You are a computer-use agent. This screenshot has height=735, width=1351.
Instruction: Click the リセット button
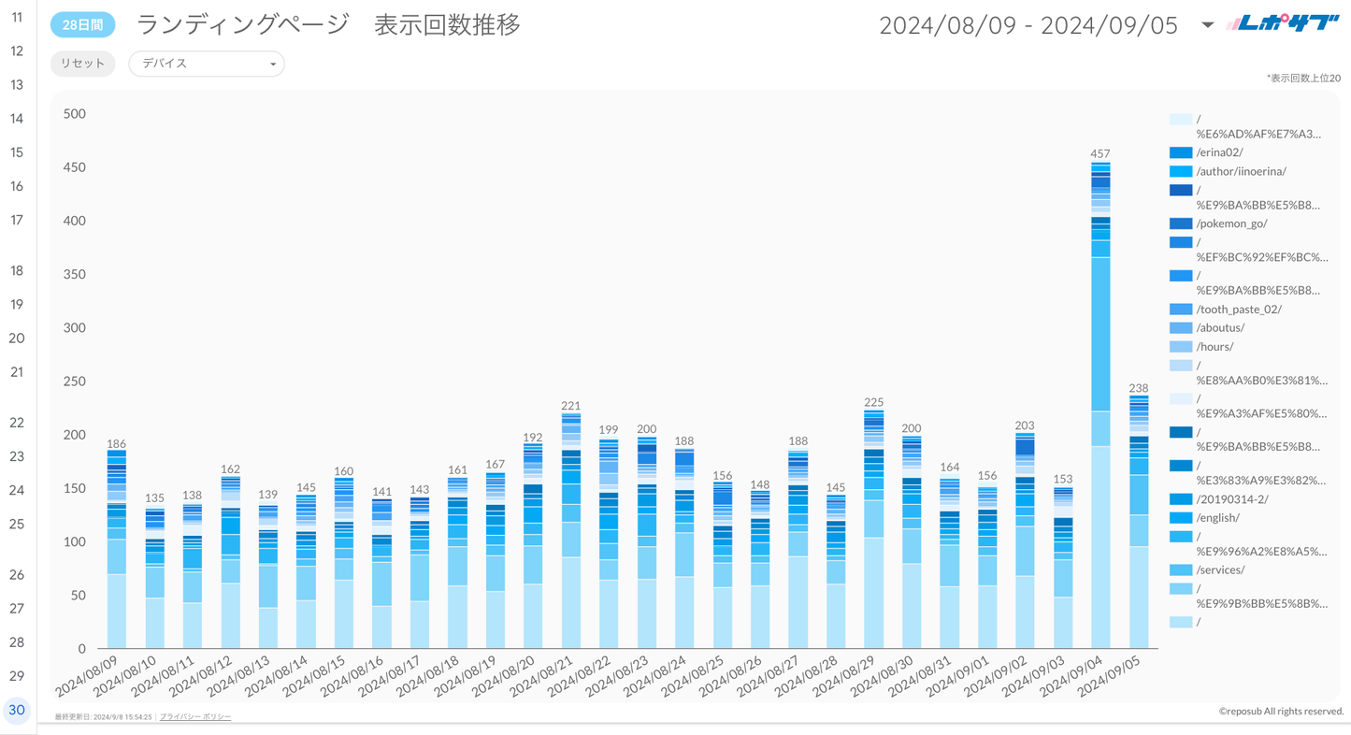click(x=82, y=64)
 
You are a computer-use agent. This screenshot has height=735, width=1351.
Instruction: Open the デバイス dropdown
click(x=206, y=64)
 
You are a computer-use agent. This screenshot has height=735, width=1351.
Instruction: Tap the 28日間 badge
click(x=82, y=25)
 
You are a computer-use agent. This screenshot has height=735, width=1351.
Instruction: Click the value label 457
click(x=1100, y=153)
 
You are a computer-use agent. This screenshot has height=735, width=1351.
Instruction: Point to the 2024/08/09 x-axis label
click(x=87, y=675)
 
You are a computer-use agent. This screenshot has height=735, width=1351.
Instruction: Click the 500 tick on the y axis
click(x=74, y=114)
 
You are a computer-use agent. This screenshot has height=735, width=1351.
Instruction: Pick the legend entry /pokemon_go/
click(x=1231, y=223)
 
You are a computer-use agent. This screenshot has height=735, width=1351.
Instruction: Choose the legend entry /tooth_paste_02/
click(x=1239, y=309)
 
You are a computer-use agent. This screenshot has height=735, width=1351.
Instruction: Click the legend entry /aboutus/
click(x=1220, y=327)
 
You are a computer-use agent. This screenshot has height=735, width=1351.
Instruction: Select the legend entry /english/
click(x=1217, y=517)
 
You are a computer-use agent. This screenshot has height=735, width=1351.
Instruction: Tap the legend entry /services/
click(x=1220, y=569)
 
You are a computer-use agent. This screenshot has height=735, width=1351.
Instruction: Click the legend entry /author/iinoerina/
click(x=1241, y=171)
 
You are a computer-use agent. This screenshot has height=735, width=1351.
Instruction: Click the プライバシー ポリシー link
click(x=194, y=716)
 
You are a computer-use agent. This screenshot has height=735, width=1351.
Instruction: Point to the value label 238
click(x=1138, y=388)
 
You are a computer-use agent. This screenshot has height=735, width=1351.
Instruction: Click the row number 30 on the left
click(x=17, y=710)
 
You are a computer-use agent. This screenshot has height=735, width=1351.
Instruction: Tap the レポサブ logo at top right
click(x=1283, y=24)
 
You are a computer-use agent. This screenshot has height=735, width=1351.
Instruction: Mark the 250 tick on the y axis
click(x=74, y=382)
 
